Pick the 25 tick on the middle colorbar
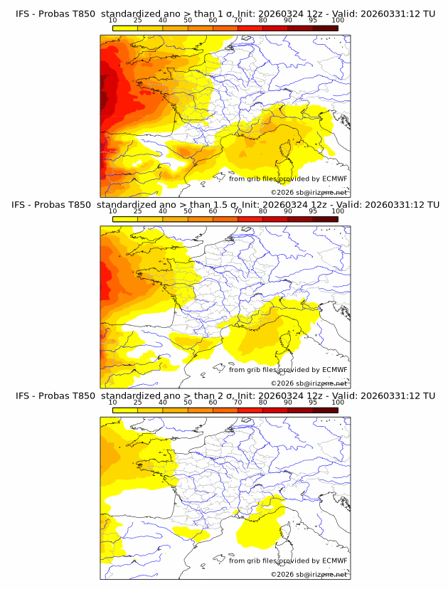click(x=137, y=211)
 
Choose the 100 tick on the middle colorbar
click(x=338, y=211)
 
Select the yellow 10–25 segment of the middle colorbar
click(x=124, y=219)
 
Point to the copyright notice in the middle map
click(x=309, y=383)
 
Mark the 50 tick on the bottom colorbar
click(x=188, y=403)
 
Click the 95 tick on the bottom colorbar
click(x=313, y=403)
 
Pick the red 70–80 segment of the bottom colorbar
click(x=250, y=410)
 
